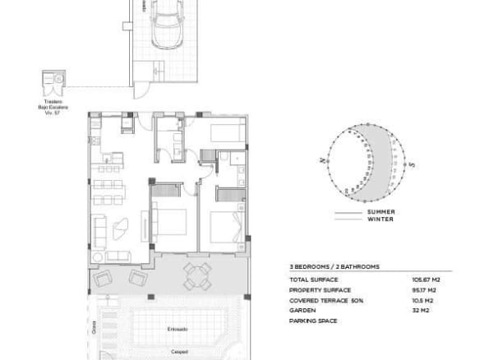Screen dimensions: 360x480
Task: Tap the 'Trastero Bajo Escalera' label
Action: pos(54,106)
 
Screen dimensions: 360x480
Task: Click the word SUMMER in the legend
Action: pos(381,212)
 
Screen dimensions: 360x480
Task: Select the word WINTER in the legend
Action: pos(381,219)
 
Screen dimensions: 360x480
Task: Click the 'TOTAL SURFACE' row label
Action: pos(310,280)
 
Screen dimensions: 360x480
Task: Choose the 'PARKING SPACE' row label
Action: pos(310,321)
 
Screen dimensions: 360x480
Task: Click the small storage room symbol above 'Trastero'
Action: pos(55,81)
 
